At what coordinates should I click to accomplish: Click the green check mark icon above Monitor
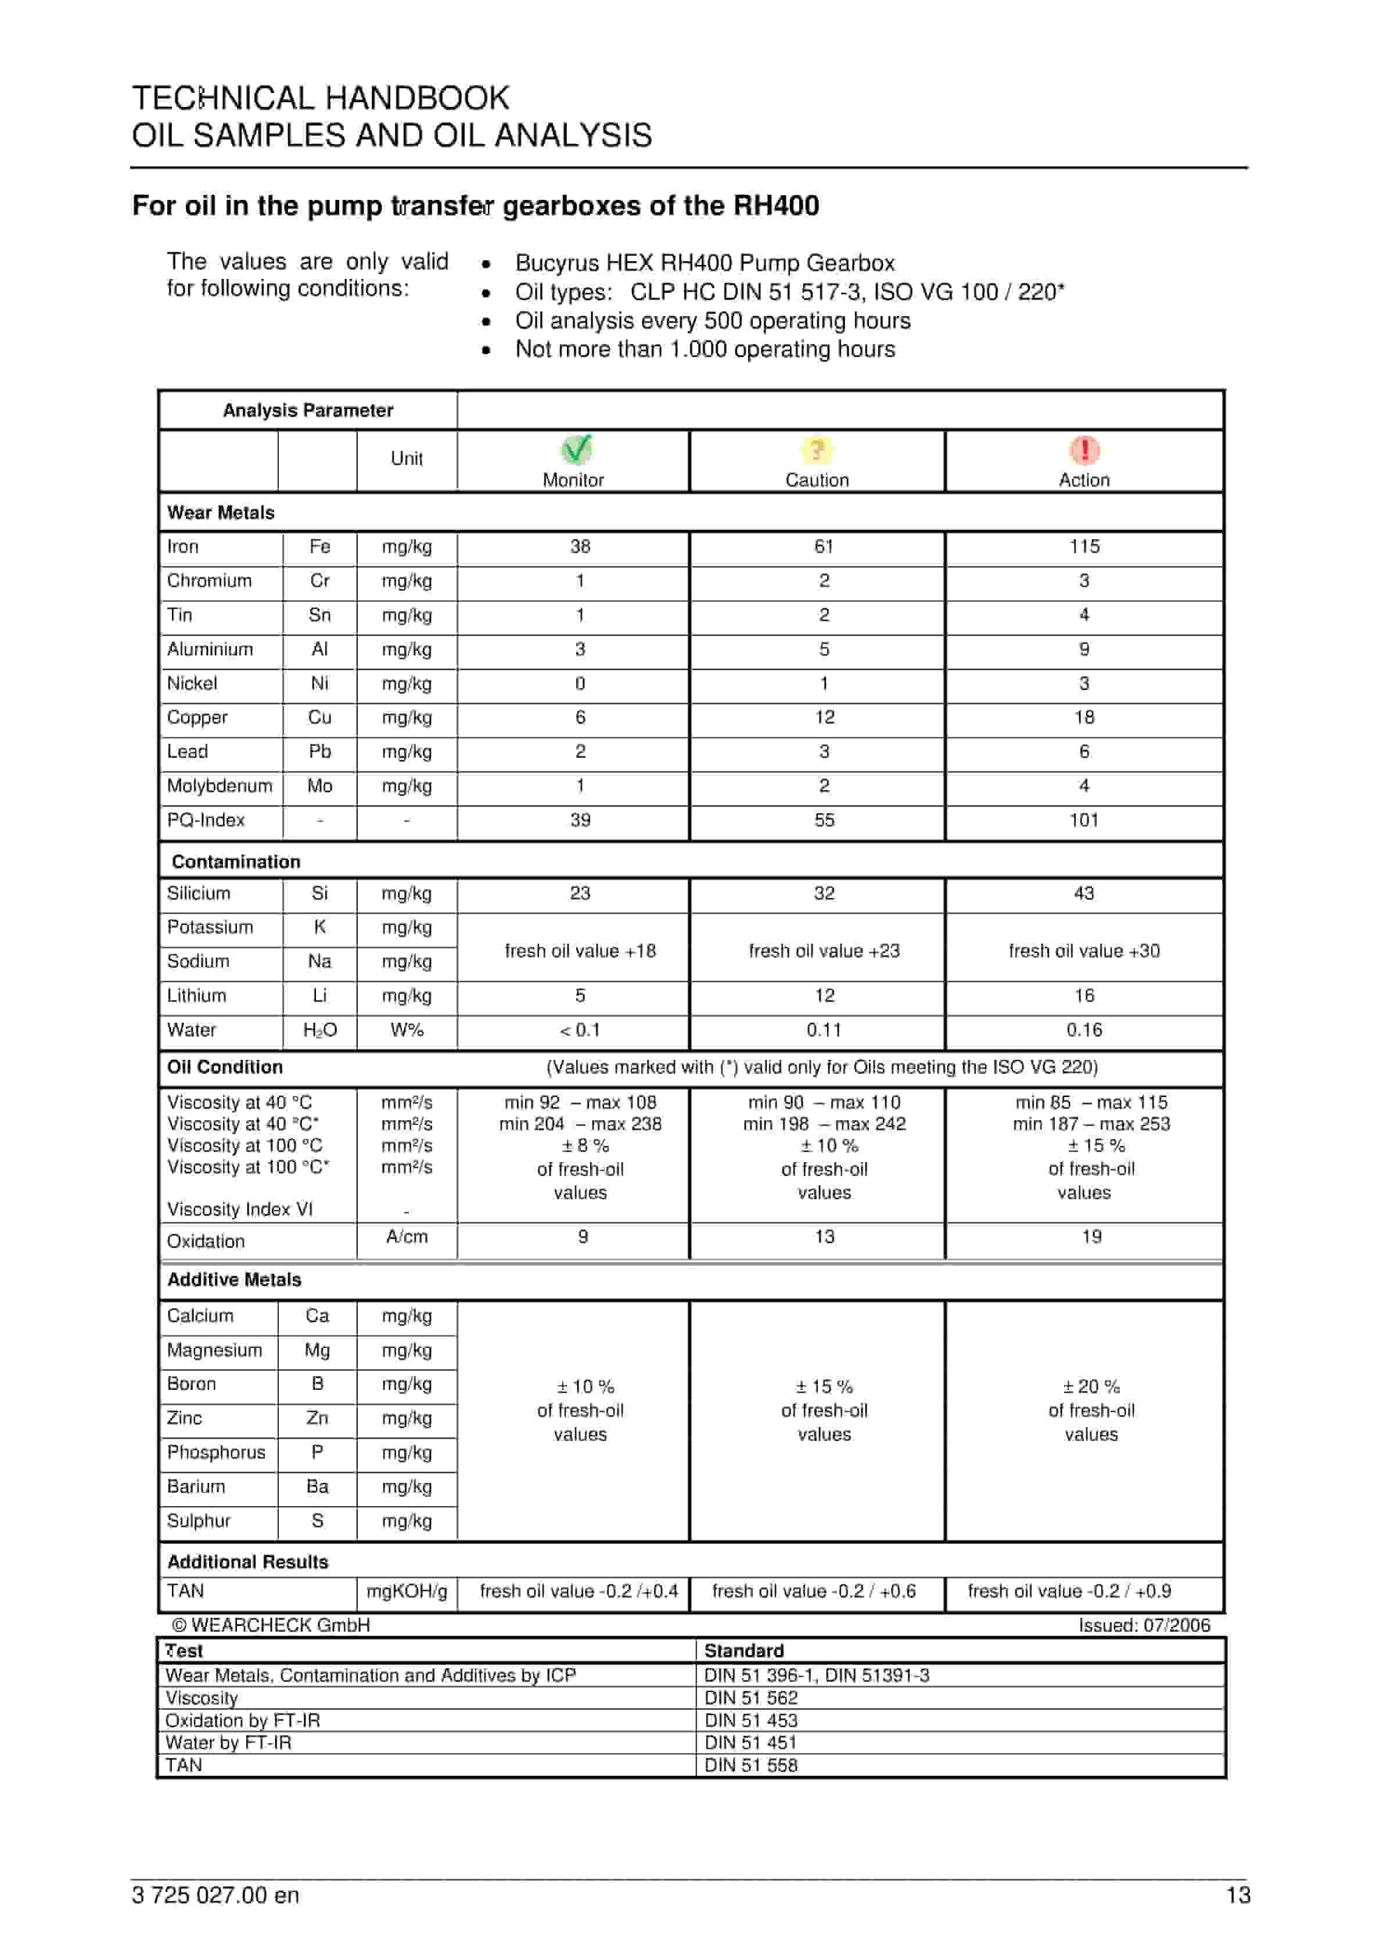577,449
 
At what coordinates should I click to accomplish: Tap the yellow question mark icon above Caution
816,449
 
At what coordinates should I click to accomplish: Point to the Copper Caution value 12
824,717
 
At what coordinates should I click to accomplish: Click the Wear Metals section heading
221,512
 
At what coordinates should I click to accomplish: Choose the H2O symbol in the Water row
319,1030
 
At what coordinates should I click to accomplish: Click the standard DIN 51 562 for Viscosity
750,1698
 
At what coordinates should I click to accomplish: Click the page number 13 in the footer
1237,1895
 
